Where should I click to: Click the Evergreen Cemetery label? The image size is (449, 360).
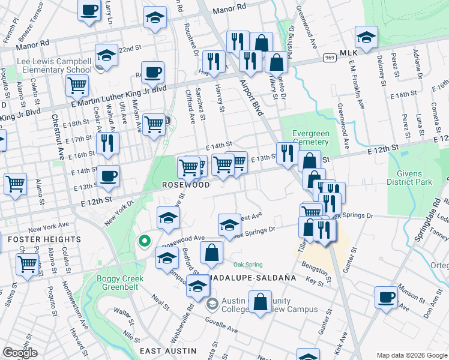[310, 137]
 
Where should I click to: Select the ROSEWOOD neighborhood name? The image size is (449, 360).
[186, 185]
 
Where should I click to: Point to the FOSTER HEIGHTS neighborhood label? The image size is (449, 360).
[44, 239]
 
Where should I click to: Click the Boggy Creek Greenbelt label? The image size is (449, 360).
[118, 283]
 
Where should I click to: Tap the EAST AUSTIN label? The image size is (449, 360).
[168, 350]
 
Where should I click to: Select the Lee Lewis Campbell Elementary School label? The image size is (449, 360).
[54, 65]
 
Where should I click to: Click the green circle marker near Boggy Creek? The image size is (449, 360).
[144, 241]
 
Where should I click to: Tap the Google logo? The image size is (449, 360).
[20, 353]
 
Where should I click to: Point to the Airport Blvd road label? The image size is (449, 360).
[253, 96]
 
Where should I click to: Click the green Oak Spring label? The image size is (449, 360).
[248, 265]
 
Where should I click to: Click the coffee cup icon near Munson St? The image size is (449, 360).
[386, 296]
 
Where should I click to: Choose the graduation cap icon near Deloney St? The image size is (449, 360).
[366, 37]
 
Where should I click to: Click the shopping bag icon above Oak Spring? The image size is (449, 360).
[211, 253]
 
